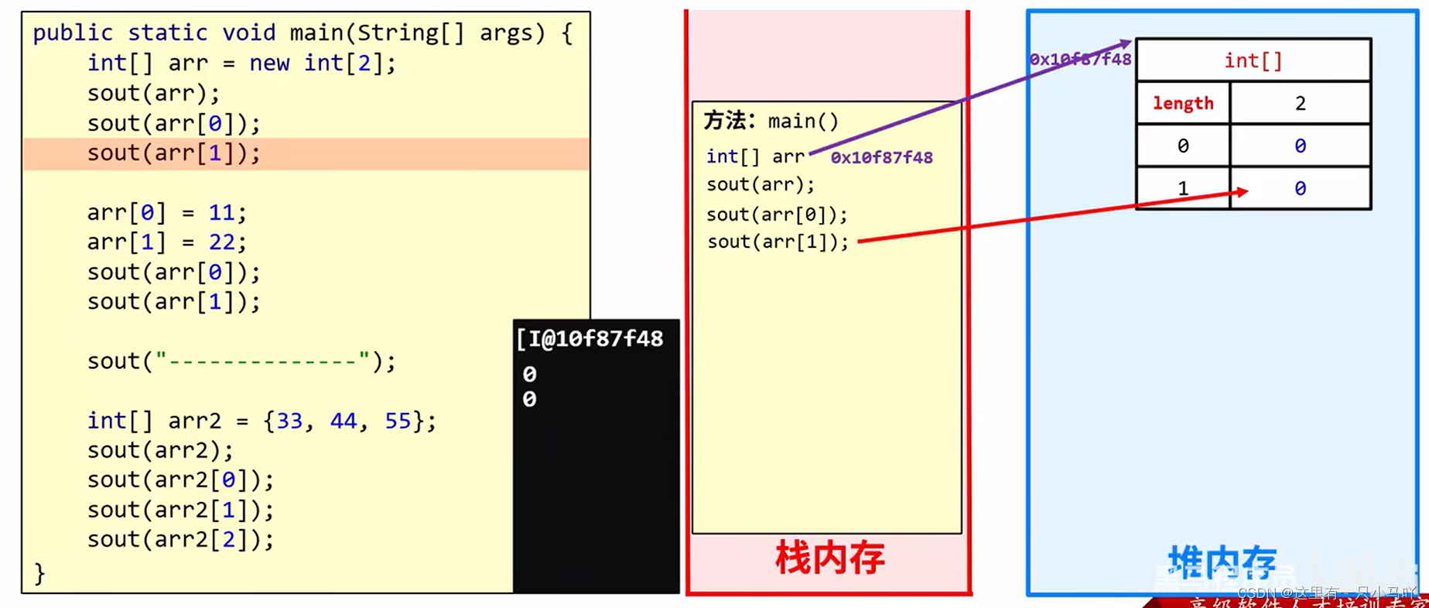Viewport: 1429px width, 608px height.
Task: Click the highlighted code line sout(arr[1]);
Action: tap(173, 153)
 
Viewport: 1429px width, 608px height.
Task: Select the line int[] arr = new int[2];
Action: tap(241, 63)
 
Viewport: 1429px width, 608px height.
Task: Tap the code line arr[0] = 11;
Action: tap(166, 212)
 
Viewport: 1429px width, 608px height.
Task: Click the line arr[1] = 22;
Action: tap(166, 242)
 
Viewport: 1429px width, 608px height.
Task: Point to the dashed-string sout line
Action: tap(241, 361)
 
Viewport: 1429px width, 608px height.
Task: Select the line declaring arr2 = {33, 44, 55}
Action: tap(261, 421)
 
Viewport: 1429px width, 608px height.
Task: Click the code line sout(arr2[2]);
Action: tap(180, 539)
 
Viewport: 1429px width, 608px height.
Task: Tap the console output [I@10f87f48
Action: tap(590, 338)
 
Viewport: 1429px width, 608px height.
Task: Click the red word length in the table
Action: tap(1182, 103)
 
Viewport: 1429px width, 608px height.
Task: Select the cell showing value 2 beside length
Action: tap(1300, 103)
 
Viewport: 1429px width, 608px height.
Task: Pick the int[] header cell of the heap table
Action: tap(1253, 60)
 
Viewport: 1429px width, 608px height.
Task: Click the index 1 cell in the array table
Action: tap(1182, 188)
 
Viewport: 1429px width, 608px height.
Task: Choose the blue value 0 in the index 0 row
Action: tap(1300, 146)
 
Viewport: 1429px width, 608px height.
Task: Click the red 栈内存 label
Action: tap(829, 558)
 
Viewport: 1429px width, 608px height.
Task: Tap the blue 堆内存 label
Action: tap(1222, 562)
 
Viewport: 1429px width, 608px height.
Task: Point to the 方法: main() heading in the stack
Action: tap(771, 121)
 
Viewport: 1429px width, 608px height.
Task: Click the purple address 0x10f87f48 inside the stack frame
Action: tap(881, 157)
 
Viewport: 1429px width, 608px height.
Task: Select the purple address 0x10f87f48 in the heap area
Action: tap(1080, 60)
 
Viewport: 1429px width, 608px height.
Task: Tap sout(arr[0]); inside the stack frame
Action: tap(777, 214)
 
